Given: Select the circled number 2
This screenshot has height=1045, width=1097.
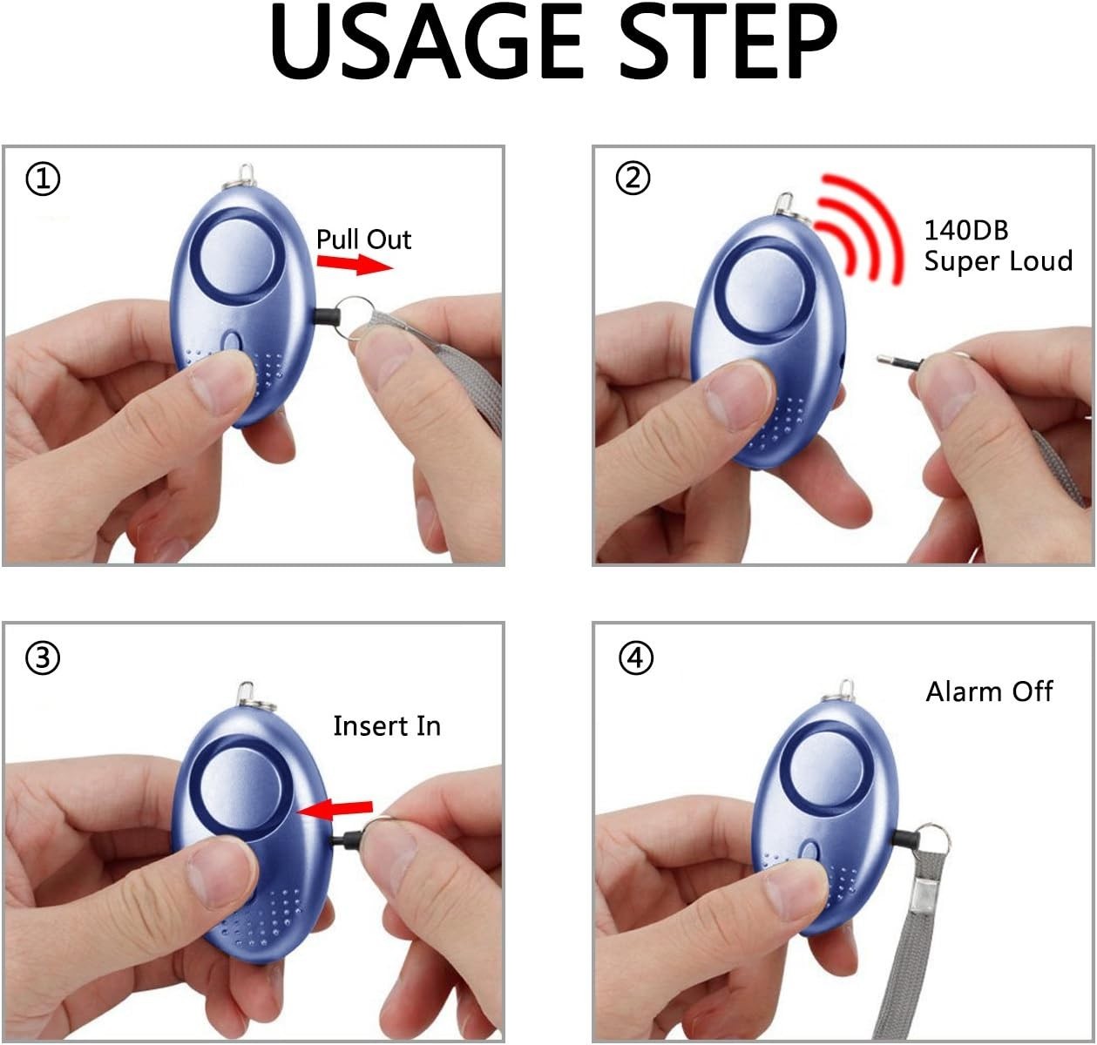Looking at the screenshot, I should (x=633, y=179).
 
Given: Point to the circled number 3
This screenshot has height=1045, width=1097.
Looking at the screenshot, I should (x=44, y=658).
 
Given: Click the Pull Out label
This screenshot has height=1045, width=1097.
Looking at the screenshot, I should (x=363, y=239).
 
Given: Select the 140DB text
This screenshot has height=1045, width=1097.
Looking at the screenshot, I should (x=965, y=230).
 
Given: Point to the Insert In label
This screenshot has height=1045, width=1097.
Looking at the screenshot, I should (x=387, y=725).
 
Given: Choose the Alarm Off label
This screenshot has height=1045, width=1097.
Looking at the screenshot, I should (x=989, y=691).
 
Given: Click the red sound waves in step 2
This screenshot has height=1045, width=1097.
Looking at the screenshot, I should (x=862, y=228).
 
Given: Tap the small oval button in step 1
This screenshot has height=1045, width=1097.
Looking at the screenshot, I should (x=232, y=341).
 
